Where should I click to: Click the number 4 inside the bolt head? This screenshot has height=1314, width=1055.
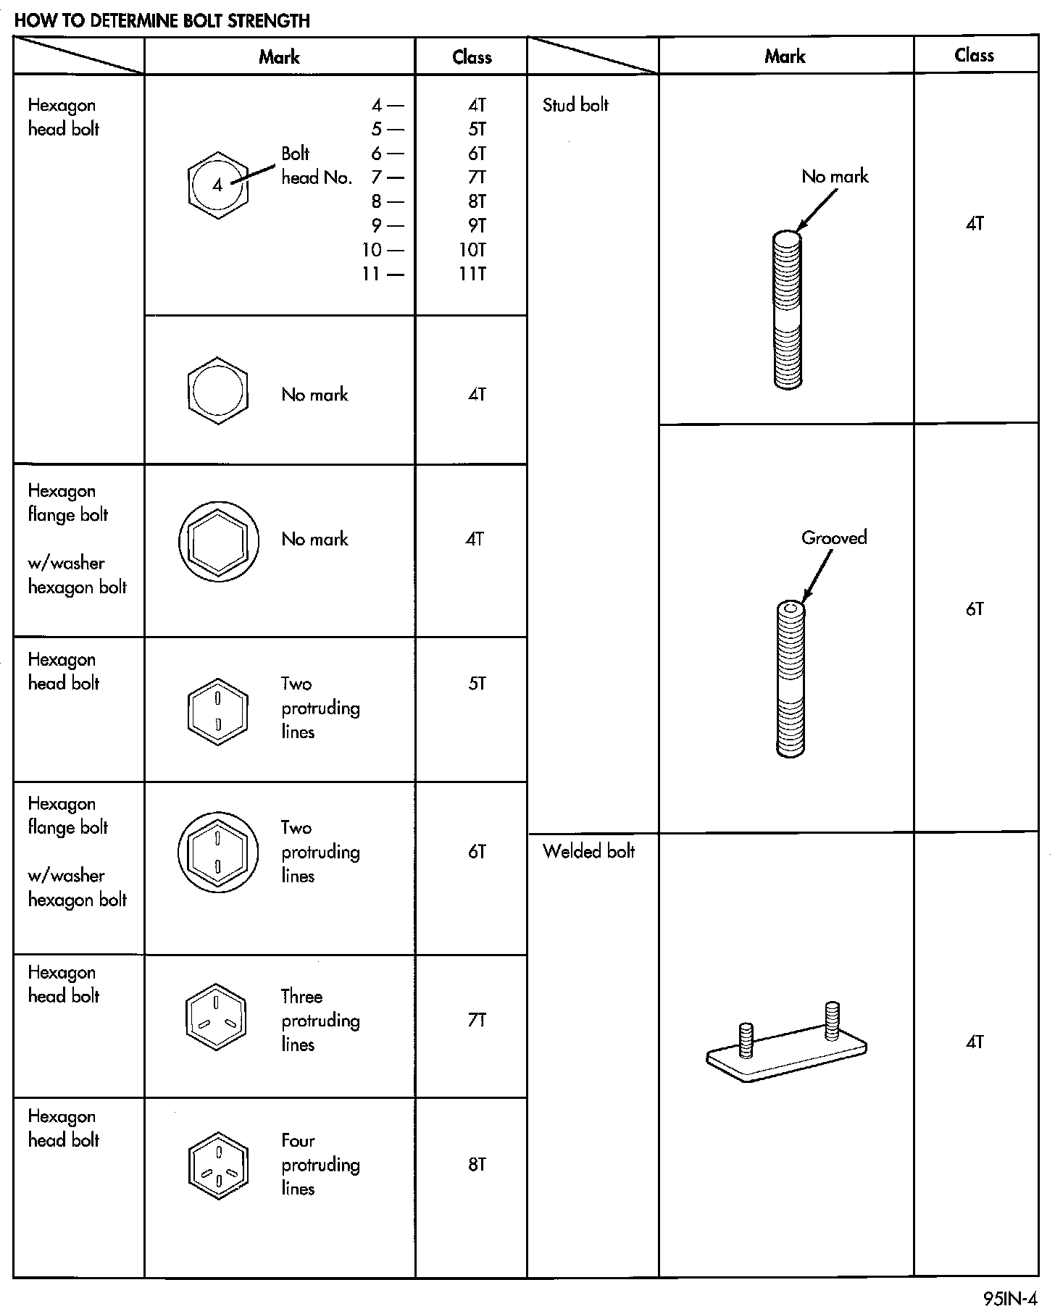(217, 185)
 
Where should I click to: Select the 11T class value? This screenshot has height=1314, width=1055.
(472, 274)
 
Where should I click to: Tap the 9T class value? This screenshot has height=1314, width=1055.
(477, 225)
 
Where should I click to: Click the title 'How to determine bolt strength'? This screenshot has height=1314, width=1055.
(162, 20)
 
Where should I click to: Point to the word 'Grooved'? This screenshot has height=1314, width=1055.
(834, 537)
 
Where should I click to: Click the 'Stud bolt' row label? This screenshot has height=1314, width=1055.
(575, 105)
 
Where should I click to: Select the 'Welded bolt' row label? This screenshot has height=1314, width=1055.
(588, 851)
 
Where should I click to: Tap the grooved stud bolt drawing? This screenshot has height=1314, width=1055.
(791, 679)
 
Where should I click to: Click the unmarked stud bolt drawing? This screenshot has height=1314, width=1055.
(788, 309)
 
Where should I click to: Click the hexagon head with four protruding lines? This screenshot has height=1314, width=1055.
(217, 1165)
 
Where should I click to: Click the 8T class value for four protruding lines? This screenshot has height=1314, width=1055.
(477, 1165)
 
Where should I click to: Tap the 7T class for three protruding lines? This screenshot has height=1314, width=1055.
(477, 1020)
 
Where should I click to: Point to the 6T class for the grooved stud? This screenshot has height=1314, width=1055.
(975, 609)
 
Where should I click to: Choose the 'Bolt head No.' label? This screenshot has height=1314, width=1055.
(315, 165)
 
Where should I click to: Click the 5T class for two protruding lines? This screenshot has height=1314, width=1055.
(477, 683)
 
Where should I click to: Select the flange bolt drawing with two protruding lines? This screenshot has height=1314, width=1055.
(217, 852)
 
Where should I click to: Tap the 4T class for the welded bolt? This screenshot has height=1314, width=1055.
(975, 1042)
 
